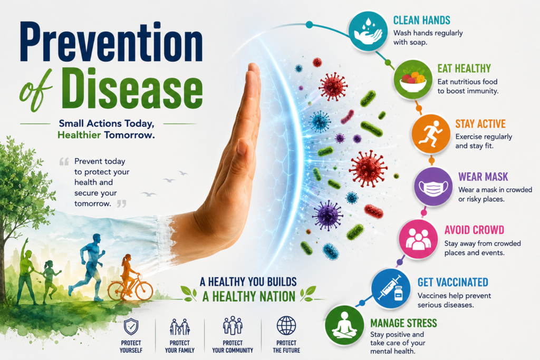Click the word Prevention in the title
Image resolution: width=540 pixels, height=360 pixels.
pyautogui.click(x=112, y=42)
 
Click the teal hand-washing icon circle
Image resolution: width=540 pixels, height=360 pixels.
pyautogui.click(x=368, y=31)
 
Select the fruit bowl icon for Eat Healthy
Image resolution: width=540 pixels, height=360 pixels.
pyautogui.click(x=412, y=79)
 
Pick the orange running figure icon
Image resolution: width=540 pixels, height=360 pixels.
pyautogui.click(x=431, y=134)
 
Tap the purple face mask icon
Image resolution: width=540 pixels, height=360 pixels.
pyautogui.click(x=433, y=187)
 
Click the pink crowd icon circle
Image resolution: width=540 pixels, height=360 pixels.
pyautogui.click(x=418, y=239)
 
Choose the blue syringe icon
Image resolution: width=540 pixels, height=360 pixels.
pyautogui.click(x=391, y=288)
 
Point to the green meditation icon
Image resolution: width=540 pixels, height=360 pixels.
pyautogui.click(x=344, y=325)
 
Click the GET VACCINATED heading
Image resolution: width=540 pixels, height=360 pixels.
pyautogui.click(x=453, y=282)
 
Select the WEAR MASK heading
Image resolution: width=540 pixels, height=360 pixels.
pyautogui.click(x=483, y=177)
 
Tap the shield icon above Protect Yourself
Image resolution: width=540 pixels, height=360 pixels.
pyautogui.click(x=131, y=327)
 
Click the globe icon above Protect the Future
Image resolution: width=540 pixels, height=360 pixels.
pyautogui.click(x=286, y=326)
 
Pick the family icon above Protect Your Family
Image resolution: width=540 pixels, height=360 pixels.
pyautogui.click(x=179, y=327)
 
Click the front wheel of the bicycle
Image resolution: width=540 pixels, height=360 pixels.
pyautogui.click(x=144, y=291)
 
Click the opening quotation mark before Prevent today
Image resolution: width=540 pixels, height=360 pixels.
pyautogui.click(x=64, y=161)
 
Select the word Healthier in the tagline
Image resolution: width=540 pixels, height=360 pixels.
pyautogui.click(x=79, y=135)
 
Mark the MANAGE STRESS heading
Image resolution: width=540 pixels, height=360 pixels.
pyautogui.click(x=403, y=323)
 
